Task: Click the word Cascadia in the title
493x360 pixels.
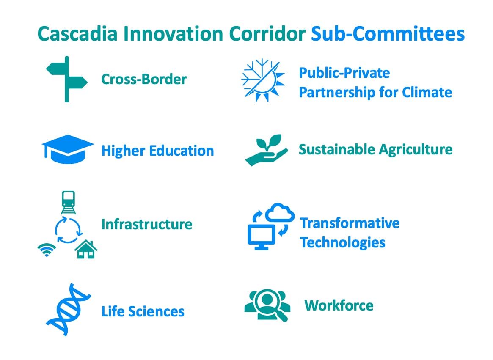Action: (77, 34)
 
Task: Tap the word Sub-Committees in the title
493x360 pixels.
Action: (388, 34)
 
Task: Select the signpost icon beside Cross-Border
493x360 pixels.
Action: (67, 79)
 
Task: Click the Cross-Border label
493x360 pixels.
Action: (144, 79)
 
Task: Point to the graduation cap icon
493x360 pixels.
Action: (68, 149)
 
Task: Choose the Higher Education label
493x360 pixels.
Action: (157, 151)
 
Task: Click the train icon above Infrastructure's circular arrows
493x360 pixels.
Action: (68, 202)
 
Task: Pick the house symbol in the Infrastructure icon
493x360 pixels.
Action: (86, 249)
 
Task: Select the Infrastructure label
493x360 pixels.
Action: (146, 225)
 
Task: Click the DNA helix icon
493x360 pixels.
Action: (69, 309)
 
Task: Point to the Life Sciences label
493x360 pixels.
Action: (143, 311)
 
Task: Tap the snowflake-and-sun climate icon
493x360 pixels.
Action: (263, 80)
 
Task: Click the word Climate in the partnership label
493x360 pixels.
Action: (427, 93)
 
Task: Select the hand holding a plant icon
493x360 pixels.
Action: (266, 150)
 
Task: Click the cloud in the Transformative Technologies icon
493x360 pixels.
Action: (280, 213)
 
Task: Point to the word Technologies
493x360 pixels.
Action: (343, 243)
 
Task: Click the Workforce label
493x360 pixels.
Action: (339, 305)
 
